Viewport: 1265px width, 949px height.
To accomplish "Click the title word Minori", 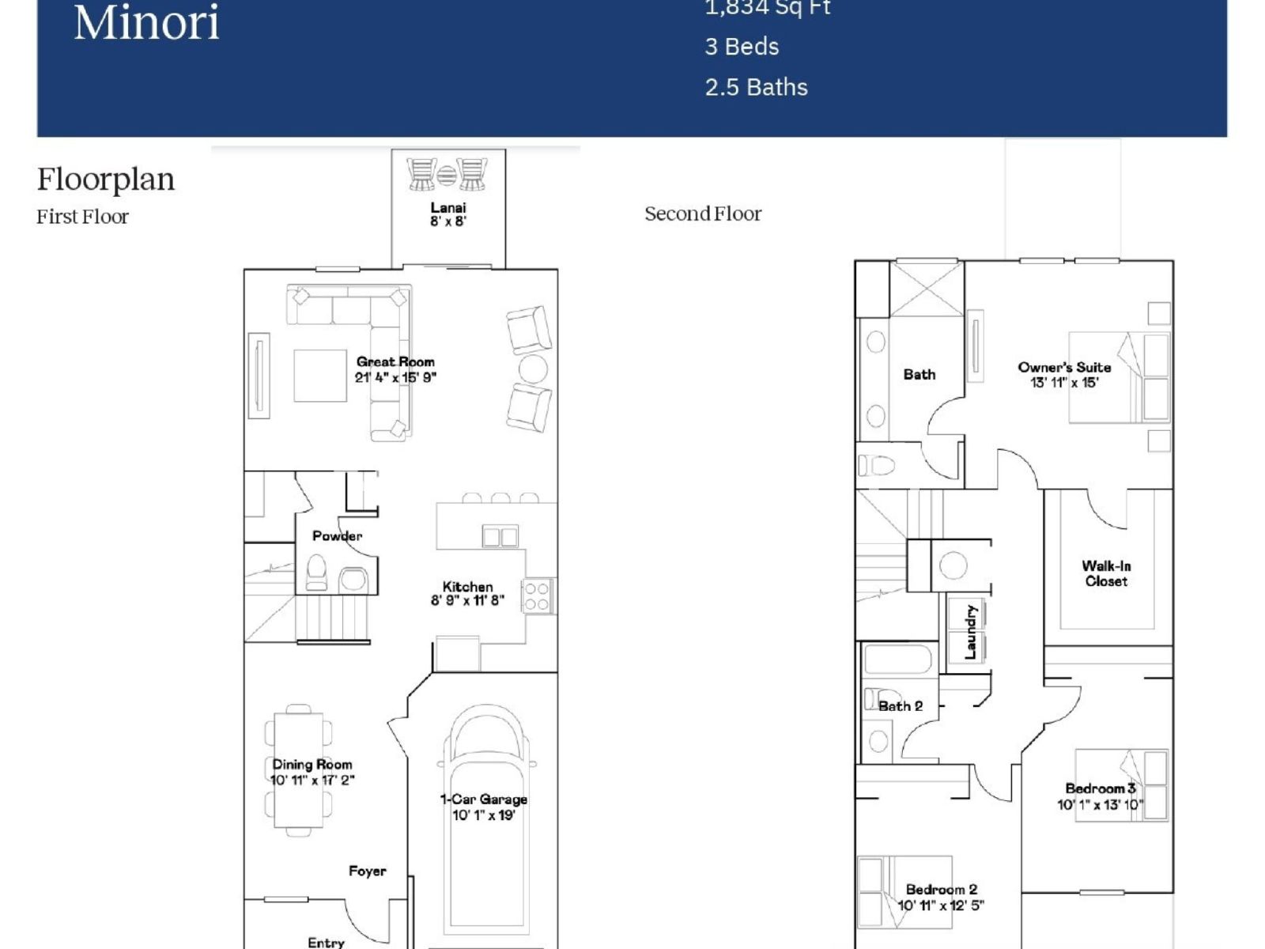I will point(146,22).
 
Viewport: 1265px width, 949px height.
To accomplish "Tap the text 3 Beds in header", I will point(741,47).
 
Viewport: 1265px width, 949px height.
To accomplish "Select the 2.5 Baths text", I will point(756,87).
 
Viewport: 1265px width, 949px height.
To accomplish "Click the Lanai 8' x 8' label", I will point(448,214).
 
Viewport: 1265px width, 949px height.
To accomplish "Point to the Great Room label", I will point(395,361).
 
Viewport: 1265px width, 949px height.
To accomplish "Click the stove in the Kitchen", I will point(537,596).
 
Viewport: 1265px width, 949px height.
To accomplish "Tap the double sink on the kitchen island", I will point(500,537).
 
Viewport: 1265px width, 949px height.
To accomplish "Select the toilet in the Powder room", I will point(316,573).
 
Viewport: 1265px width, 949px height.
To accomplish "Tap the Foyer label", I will point(367,871).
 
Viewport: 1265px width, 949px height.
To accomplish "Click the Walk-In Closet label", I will point(1106,573).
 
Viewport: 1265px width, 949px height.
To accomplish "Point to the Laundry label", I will point(971,632).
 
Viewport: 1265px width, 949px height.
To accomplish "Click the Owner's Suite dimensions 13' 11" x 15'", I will point(1064,383).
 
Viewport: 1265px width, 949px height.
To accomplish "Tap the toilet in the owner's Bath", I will point(876,465).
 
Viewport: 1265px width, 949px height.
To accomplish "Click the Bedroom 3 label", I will point(1100,788).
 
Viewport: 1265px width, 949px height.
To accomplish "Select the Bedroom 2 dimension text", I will point(940,906).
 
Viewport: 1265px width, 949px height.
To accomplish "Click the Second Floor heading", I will point(702,214).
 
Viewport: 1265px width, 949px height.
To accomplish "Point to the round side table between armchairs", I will point(533,369).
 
